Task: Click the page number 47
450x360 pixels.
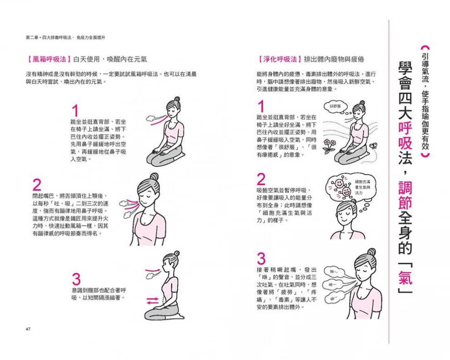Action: pyautogui.click(x=28, y=328)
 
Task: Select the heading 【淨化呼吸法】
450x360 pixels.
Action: pyautogui.click(x=278, y=59)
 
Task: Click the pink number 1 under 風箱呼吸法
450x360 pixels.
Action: pyautogui.click(x=75, y=111)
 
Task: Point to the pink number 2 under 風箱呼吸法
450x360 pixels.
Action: pyautogui.click(x=37, y=185)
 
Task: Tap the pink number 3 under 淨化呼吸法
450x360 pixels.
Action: pyautogui.click(x=261, y=258)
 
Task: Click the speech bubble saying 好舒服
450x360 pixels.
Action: pyautogui.click(x=335, y=106)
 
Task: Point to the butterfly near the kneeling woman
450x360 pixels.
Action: pyautogui.click(x=374, y=145)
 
